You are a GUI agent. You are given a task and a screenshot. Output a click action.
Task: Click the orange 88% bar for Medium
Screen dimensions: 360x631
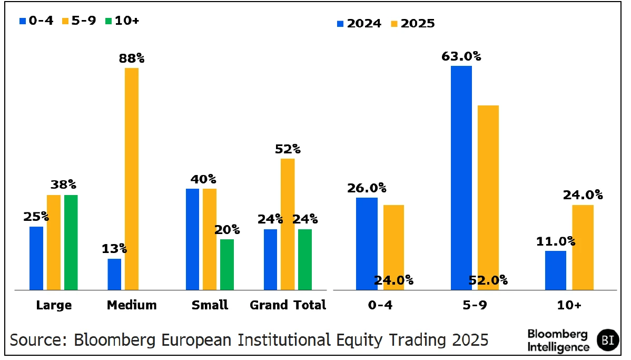(x=132, y=179)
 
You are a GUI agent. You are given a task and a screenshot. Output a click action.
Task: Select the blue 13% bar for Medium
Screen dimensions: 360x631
(x=114, y=274)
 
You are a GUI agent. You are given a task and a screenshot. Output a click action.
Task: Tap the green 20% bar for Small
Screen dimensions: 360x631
(x=227, y=265)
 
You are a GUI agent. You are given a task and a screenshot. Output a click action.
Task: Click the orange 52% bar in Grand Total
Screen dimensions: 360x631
(x=288, y=224)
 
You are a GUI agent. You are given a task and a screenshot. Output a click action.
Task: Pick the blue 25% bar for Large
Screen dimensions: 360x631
(x=36, y=258)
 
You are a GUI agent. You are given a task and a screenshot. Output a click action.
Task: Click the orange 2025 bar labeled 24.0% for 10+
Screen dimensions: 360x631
(x=583, y=247)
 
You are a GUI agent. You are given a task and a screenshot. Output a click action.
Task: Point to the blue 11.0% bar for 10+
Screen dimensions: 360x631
(x=556, y=270)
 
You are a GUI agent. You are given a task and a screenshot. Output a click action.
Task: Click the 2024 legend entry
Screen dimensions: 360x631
(x=359, y=24)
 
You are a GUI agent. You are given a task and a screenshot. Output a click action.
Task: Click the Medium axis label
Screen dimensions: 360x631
(x=132, y=305)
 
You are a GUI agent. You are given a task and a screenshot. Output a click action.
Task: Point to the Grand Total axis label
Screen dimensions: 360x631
(x=288, y=305)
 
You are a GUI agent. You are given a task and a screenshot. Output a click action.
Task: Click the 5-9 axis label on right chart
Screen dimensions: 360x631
(x=475, y=305)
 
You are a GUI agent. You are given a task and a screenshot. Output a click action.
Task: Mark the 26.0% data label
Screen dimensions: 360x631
(x=367, y=188)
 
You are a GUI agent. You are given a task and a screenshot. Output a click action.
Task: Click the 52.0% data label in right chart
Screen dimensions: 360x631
(x=488, y=280)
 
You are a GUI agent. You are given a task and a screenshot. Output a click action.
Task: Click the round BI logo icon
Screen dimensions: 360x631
(x=607, y=340)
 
